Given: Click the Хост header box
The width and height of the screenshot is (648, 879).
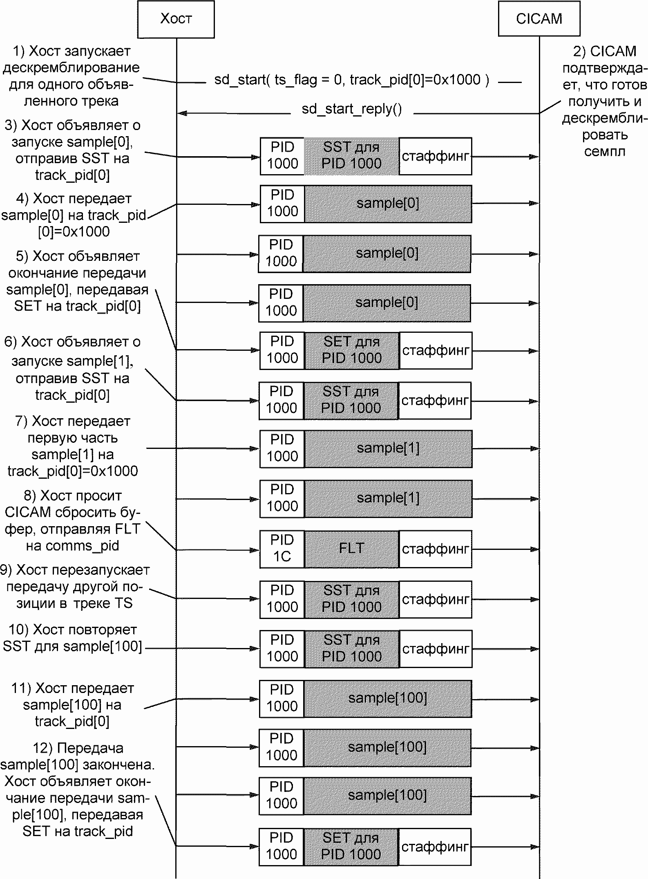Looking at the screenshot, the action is [x=176, y=19].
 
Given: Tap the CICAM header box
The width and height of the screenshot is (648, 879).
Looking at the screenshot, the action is [x=539, y=18].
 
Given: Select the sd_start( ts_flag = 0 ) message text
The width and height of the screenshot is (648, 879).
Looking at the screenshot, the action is [x=351, y=80].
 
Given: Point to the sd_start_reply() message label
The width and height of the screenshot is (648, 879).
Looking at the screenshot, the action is [x=352, y=109].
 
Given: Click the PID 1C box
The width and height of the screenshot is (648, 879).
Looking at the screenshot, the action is [x=282, y=549].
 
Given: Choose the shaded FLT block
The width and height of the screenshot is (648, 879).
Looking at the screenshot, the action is [x=352, y=549].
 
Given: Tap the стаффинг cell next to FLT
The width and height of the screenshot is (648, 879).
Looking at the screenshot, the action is [x=436, y=549].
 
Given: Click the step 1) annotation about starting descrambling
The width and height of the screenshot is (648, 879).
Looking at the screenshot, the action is [x=71, y=76].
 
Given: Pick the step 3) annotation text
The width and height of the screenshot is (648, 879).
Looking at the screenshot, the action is [x=72, y=150].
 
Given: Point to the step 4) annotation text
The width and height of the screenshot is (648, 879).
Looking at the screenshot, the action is [x=74, y=215].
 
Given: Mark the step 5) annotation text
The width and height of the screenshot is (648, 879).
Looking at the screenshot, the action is [x=77, y=281].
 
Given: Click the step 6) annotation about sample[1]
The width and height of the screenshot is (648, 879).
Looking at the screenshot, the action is [x=72, y=368].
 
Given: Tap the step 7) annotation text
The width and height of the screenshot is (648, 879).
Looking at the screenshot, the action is [x=73, y=446].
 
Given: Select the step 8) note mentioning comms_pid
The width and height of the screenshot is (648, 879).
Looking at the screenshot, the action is [x=73, y=520].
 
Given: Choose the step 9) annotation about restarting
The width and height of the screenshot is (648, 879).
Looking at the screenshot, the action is [x=75, y=587].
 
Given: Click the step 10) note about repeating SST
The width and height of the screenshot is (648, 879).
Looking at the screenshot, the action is [x=72, y=638].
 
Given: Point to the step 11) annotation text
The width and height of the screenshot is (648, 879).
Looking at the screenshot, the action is [x=72, y=705].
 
